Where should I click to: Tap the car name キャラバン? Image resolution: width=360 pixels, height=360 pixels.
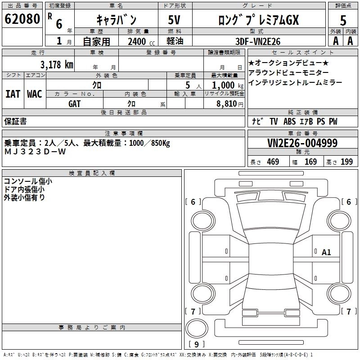pos(117,20)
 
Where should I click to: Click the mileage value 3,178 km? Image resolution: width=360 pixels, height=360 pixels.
pos(56,64)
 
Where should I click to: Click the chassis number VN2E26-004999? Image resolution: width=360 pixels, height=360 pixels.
pos(302,143)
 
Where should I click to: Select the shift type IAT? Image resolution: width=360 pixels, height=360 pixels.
pos(13,94)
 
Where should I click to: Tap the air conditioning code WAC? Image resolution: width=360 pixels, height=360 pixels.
pos(35,94)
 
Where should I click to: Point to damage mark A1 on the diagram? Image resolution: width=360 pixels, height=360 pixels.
pos(326,252)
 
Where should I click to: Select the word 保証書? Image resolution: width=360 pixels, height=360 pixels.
pos(15,121)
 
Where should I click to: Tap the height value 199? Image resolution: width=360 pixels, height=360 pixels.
pos(346,162)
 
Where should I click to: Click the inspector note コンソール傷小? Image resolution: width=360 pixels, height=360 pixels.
pos(27,181)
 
